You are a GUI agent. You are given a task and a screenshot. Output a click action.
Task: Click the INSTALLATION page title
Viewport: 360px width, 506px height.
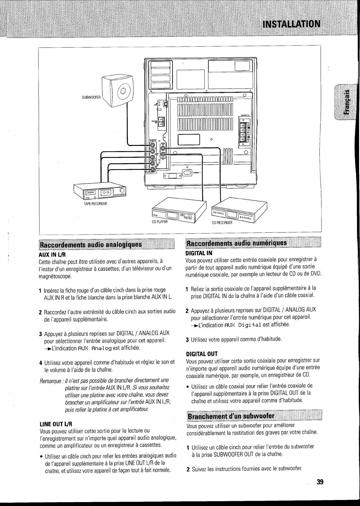point(291,24)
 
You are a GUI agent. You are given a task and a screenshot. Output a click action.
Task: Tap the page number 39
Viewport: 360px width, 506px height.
point(319,482)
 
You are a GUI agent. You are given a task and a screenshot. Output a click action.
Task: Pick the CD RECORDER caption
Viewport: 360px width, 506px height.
point(222,223)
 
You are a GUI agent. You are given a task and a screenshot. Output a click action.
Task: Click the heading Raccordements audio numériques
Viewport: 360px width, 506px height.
point(237,243)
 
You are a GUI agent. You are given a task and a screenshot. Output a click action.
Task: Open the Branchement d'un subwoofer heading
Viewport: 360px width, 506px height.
point(231,416)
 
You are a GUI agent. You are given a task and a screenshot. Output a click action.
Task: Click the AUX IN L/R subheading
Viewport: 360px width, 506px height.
point(53,253)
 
